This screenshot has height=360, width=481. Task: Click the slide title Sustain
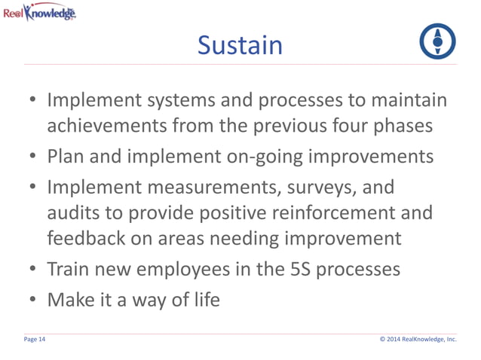point(240,46)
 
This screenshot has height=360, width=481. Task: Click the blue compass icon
point(437,42)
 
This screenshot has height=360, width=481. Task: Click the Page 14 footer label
point(35,340)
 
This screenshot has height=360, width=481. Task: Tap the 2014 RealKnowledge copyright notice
point(418,340)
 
